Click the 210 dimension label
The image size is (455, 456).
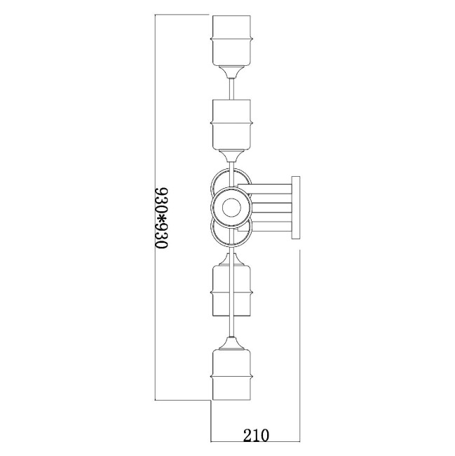pyautogui.click(x=256, y=436)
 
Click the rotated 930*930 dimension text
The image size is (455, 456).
pyautogui.click(x=161, y=218)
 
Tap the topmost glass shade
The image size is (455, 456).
pyautogui.click(x=231, y=41)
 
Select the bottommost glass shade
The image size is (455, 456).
pyautogui.click(x=231, y=375)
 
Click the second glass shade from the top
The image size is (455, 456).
pyautogui.click(x=231, y=125)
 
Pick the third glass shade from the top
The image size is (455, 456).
pyautogui.click(x=231, y=290)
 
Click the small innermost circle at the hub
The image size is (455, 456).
pyautogui.click(x=231, y=208)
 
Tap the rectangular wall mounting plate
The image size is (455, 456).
pyautogui.click(x=296, y=208)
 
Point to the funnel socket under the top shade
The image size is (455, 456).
pyautogui.click(x=231, y=72)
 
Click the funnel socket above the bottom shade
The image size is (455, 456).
pyautogui.click(x=231, y=343)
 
